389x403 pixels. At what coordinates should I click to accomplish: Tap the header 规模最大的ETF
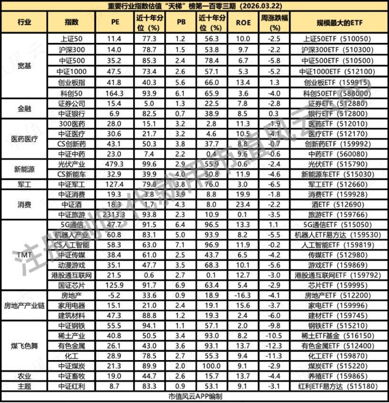coord(339,22)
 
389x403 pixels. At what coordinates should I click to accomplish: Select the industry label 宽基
coord(24,66)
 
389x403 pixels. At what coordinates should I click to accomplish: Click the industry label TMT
coord(24,255)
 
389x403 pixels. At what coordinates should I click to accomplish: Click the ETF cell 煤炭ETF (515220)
coord(339,365)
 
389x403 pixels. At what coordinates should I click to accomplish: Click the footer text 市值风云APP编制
coord(195,396)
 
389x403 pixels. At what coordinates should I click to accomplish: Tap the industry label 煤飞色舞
coord(24,345)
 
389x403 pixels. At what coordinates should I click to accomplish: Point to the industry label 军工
coord(24,184)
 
